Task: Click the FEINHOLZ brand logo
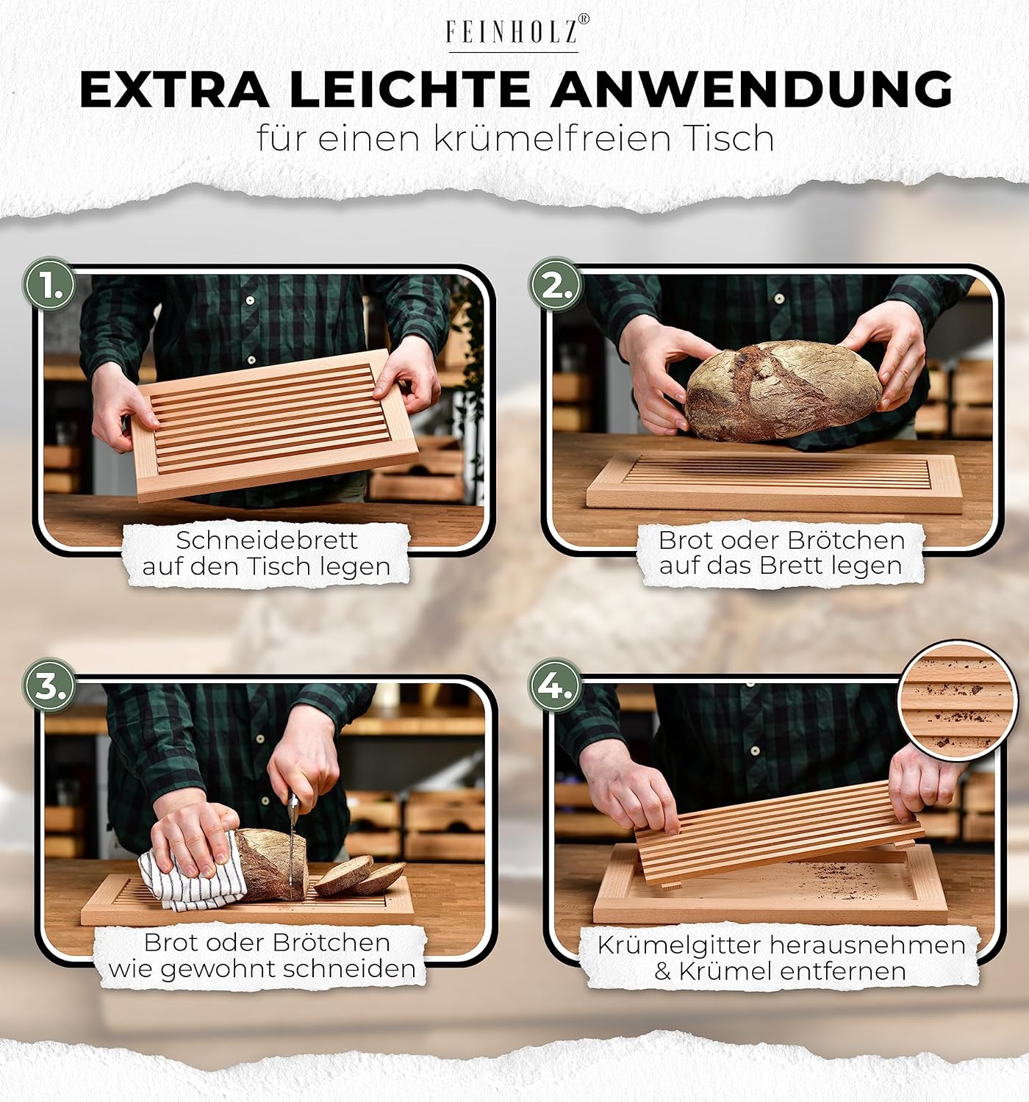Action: [514, 33]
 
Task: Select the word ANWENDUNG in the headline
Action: [751, 90]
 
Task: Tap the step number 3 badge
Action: [50, 686]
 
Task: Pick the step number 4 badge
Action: [555, 686]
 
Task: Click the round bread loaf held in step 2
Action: [783, 390]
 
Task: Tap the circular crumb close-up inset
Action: [958, 701]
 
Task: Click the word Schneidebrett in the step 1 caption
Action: [267, 541]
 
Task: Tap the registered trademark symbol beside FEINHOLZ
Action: [584, 19]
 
